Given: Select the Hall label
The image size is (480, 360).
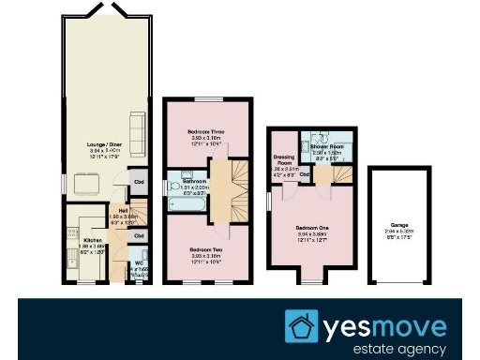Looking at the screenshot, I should pos(123,209).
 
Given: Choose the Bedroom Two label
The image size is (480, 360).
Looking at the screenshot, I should pos(204,249).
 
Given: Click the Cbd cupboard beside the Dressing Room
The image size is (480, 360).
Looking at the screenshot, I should pos(305,174).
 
